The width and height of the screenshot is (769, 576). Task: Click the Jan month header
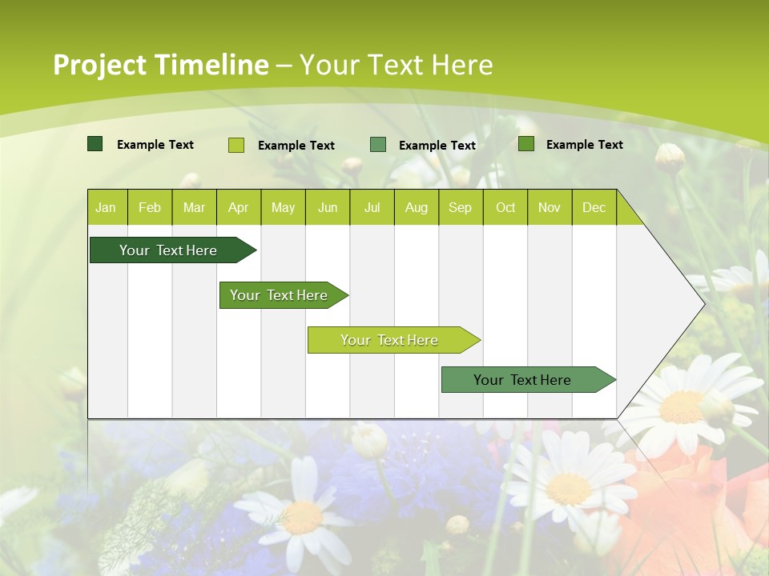tap(106, 207)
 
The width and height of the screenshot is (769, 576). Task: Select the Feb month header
tap(150, 207)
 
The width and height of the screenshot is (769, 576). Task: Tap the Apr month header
tap(238, 207)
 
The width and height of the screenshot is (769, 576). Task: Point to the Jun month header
tap(328, 207)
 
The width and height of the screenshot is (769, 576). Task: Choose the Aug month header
tap(416, 207)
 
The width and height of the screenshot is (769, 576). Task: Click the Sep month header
tap(460, 207)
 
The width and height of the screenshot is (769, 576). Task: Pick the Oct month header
tap(505, 207)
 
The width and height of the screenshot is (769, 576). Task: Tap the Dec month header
tap(594, 207)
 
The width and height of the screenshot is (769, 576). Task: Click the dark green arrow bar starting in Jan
tap(169, 250)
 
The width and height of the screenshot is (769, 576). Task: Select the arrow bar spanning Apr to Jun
tap(280, 295)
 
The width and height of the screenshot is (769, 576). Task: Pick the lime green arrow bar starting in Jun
tap(390, 340)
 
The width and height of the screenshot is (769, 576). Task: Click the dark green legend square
tap(95, 144)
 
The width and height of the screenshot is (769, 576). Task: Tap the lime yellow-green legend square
tap(236, 145)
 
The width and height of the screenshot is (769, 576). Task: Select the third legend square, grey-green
tap(378, 144)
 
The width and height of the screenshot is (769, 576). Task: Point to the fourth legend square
tap(526, 144)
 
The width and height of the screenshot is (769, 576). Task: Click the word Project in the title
tap(99, 65)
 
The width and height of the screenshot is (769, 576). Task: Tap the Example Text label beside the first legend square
tap(155, 145)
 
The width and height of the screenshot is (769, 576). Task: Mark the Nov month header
tap(550, 207)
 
